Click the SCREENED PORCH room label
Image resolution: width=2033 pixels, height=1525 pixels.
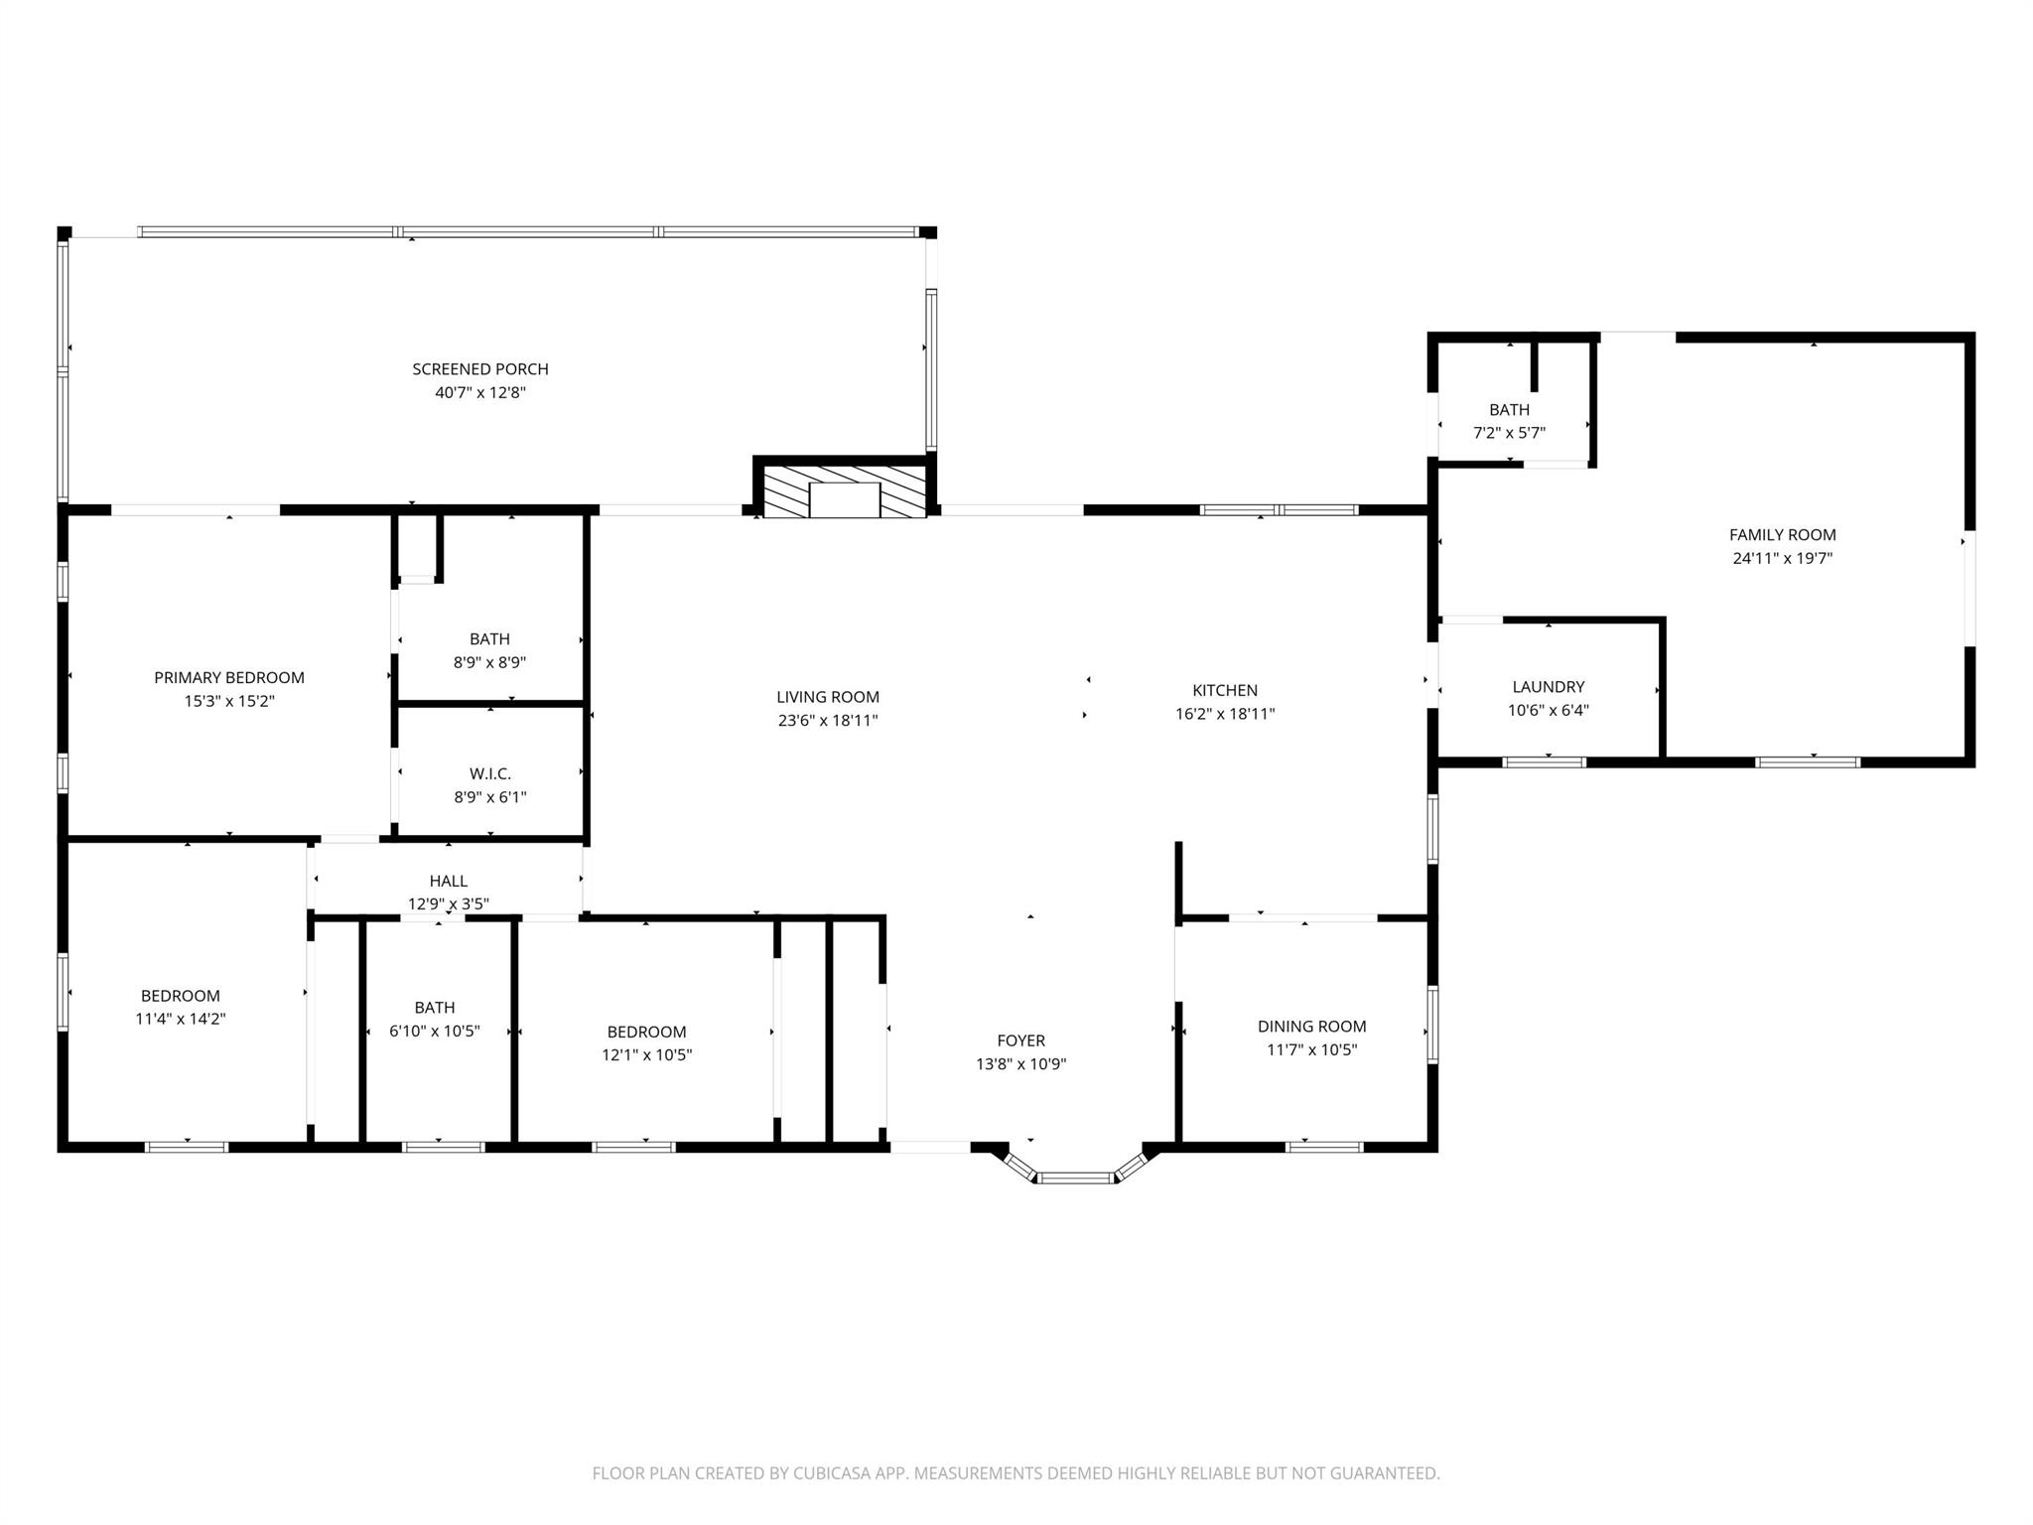point(480,369)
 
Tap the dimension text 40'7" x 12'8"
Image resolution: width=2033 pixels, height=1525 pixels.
point(480,393)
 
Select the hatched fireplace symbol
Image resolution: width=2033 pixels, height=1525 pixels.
point(844,489)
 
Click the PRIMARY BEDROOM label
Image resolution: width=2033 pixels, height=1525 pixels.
point(229,678)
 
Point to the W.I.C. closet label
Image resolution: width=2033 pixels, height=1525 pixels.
point(489,773)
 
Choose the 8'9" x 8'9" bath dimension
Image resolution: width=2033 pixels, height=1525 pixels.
point(489,662)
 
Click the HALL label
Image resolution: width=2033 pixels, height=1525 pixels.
point(449,881)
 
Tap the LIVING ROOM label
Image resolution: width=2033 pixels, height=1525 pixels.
point(828,697)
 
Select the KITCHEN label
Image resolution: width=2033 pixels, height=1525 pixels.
point(1225,690)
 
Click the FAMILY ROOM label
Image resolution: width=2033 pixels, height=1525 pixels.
point(1782,535)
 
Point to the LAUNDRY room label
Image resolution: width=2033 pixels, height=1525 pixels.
point(1548,687)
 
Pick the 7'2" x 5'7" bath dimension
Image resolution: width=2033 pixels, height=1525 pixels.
point(1509,433)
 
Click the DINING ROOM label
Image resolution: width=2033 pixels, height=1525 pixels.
point(1311,1027)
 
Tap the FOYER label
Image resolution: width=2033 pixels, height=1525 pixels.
point(1020,1040)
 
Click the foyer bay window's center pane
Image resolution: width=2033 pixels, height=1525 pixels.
point(1076,1178)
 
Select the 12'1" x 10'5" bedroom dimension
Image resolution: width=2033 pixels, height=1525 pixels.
point(646,1055)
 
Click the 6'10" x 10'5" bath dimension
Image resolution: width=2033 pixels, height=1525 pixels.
point(435,1032)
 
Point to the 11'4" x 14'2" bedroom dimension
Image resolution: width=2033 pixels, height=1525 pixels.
point(181,1019)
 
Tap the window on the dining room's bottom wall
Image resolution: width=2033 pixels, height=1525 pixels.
point(1324,1147)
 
